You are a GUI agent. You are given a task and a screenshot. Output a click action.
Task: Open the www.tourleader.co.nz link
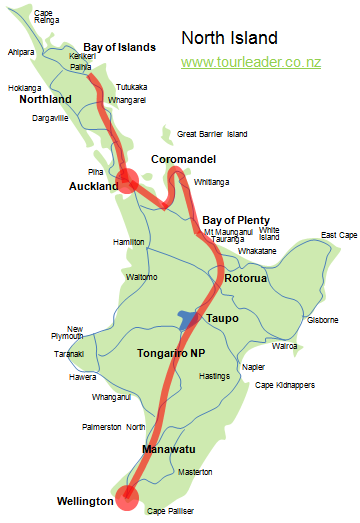pos(250,62)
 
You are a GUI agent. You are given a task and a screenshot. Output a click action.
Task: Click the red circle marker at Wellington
pos(126,497)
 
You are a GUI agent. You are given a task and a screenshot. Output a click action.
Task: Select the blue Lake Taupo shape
pos(188,319)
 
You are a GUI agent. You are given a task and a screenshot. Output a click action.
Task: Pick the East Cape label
pos(339,235)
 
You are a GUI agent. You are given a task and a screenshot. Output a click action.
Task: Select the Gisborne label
pos(322,320)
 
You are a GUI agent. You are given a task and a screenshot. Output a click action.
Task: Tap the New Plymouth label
pos(75,333)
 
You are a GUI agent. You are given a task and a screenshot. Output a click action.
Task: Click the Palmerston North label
pos(113,427)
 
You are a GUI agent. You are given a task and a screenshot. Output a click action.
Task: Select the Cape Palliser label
pos(169,511)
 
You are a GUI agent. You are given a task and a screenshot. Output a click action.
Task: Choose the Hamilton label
pos(129,242)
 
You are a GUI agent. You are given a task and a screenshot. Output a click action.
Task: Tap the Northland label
pos(45,100)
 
